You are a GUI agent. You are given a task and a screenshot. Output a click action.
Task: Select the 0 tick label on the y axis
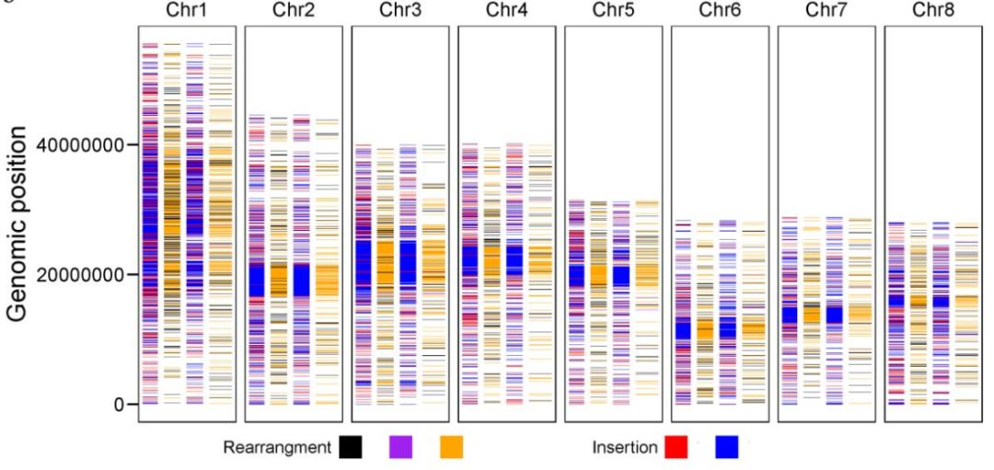[117, 404]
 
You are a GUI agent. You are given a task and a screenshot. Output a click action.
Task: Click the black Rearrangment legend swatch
[351, 448]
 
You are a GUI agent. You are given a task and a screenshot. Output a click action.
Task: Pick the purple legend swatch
[401, 448]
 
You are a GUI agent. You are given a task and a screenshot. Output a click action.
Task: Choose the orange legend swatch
[452, 448]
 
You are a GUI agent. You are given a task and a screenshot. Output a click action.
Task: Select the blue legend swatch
[726, 448]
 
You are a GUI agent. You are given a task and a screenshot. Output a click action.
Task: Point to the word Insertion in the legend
[625, 448]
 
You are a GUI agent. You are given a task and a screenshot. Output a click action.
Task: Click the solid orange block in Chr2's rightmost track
[328, 280]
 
